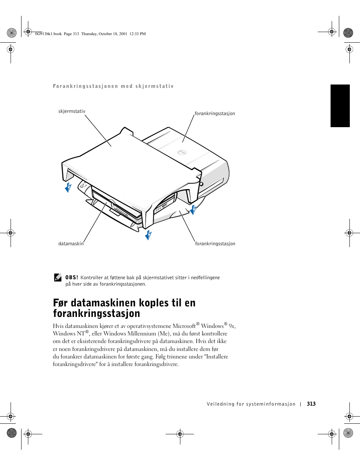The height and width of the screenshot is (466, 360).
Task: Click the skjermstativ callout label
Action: pyautogui.click(x=72, y=111)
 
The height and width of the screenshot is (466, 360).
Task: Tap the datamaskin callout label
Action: pyautogui.click(x=71, y=244)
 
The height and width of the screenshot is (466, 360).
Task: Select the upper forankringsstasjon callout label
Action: pyautogui.click(x=215, y=114)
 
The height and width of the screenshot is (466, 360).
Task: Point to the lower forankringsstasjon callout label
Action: pyautogui.click(x=215, y=244)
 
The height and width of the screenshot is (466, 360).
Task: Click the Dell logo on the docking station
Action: pyautogui.click(x=182, y=152)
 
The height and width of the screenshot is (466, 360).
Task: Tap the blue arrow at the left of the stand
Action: pyautogui.click(x=68, y=188)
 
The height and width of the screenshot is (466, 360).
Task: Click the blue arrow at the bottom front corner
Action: pyautogui.click(x=148, y=235)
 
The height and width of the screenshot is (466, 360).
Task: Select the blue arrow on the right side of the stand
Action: pyautogui.click(x=193, y=209)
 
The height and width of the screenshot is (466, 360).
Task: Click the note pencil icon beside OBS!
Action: pyautogui.click(x=58, y=277)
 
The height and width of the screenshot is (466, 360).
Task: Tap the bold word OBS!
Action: pyautogui.click(x=72, y=277)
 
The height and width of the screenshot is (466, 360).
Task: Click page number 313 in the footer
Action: pyautogui.click(x=311, y=404)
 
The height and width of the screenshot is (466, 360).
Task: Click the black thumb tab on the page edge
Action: pyautogui.click(x=340, y=106)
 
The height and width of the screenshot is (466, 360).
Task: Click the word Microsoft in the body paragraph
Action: pyautogui.click(x=184, y=326)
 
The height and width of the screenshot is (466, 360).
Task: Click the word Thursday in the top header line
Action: pyautogui.click(x=89, y=34)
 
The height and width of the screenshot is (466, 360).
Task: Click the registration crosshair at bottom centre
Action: pyautogui.click(x=180, y=434)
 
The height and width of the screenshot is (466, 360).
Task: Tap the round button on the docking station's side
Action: pyautogui.click(x=201, y=184)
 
